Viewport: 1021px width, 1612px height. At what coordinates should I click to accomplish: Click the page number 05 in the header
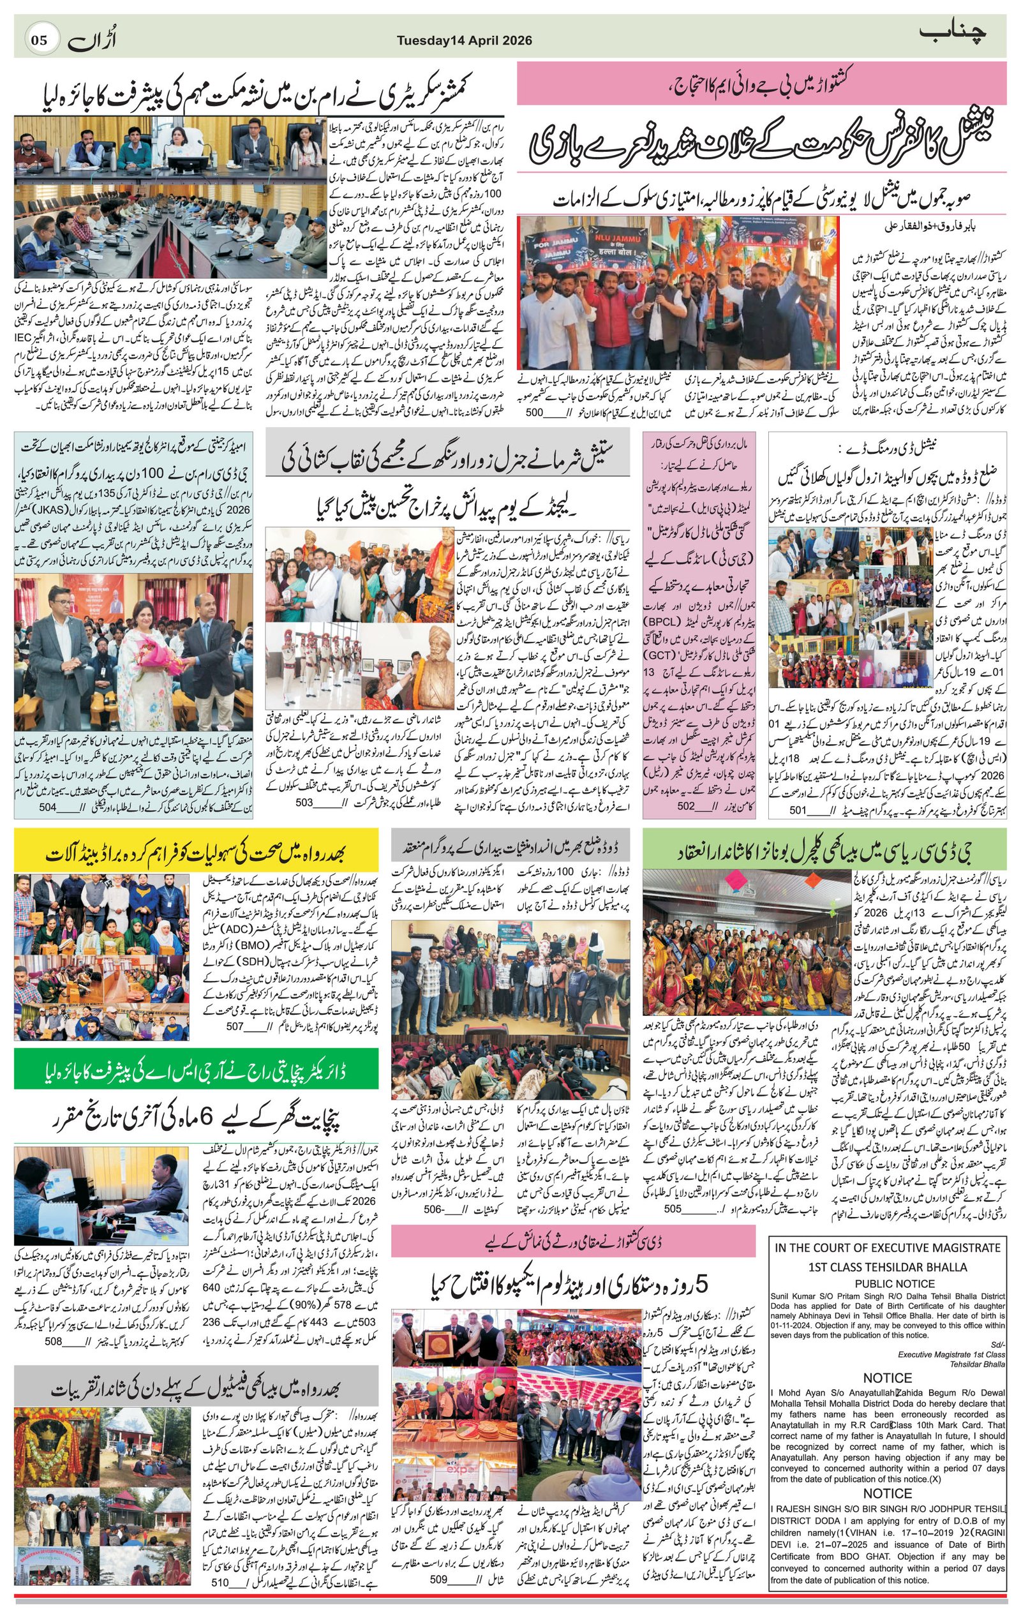[40, 40]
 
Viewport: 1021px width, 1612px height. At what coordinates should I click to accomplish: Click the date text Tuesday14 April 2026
[465, 41]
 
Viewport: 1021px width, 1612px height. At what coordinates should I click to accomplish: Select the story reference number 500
[534, 413]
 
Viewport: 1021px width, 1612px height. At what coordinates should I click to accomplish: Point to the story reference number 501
[799, 810]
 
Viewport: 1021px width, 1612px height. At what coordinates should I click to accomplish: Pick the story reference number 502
[685, 806]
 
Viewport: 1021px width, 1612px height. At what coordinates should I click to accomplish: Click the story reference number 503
[304, 802]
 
